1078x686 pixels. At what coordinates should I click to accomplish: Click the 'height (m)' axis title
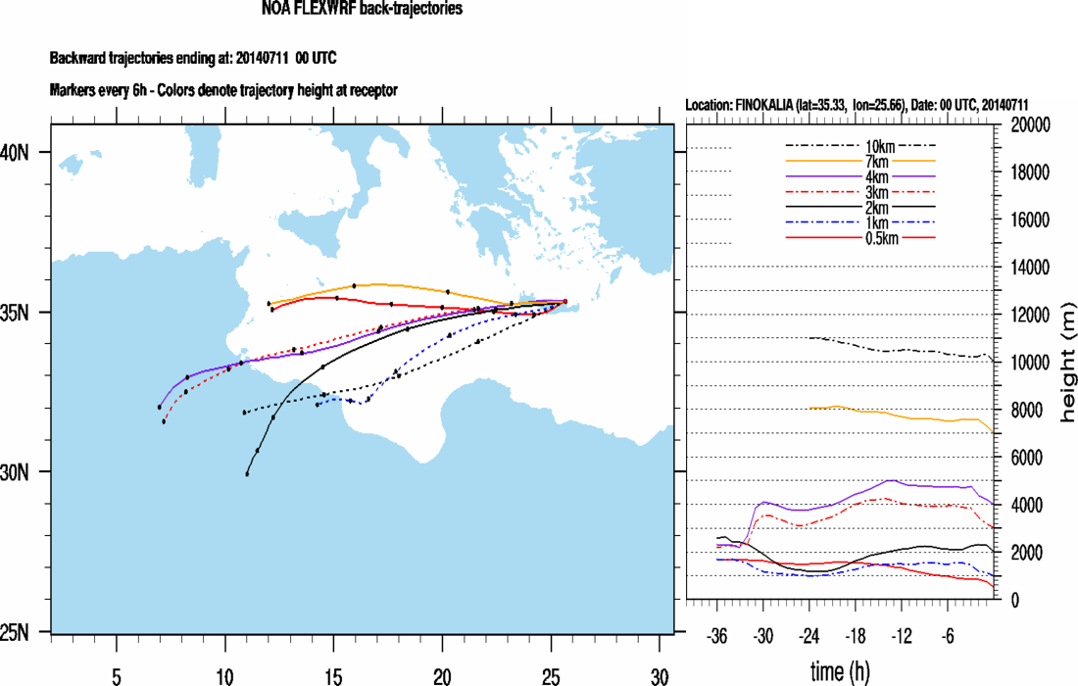tap(1067, 363)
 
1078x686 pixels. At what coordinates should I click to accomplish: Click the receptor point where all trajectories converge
tap(565, 302)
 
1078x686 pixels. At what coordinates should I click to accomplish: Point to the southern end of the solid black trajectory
tap(247, 474)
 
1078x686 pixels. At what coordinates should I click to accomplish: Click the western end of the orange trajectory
tap(269, 304)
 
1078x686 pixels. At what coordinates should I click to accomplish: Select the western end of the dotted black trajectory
tap(244, 413)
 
